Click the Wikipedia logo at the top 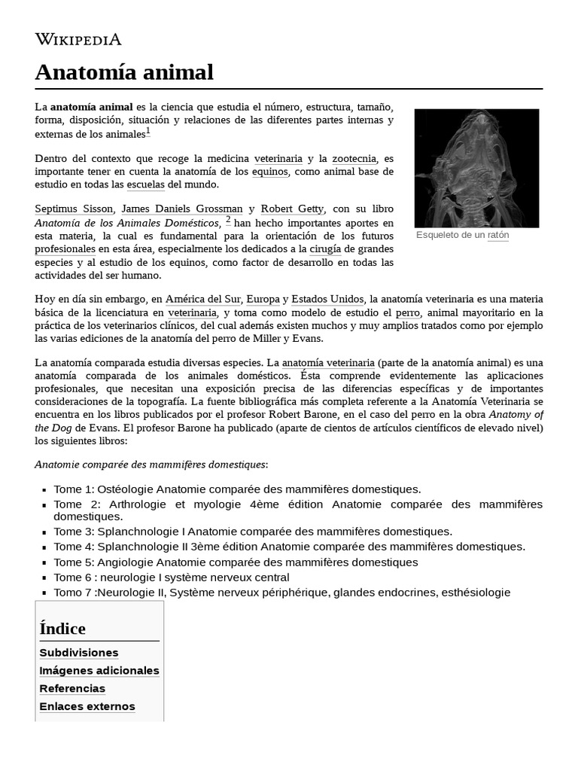pyautogui.click(x=78, y=39)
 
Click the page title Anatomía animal pyautogui.click(x=124, y=72)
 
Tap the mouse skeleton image pyautogui.click(x=476, y=168)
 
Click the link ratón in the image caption pyautogui.click(x=498, y=236)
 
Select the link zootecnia pyautogui.click(x=352, y=159)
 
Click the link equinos pyautogui.click(x=269, y=172)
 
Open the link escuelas pyautogui.click(x=146, y=184)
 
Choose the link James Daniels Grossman pyautogui.click(x=182, y=209)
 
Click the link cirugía pyautogui.click(x=325, y=248)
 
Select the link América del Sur pyautogui.click(x=202, y=299)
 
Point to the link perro pyautogui.click(x=408, y=312)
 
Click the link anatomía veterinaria pyautogui.click(x=328, y=362)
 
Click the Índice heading pyautogui.click(x=62, y=629)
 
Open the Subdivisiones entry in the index pyautogui.click(x=79, y=653)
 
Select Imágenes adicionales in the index pyautogui.click(x=99, y=671)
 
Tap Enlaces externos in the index pyautogui.click(x=87, y=706)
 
